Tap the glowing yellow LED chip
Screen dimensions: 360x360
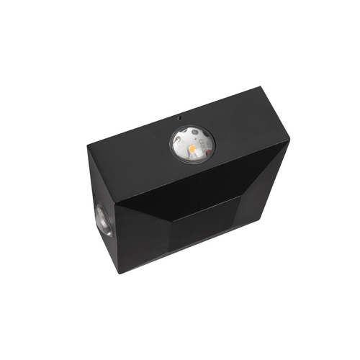pyautogui.click(x=192, y=148)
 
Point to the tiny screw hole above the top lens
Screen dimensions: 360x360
pyautogui.click(x=179, y=118)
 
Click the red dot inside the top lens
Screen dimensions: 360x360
pyautogui.click(x=208, y=152)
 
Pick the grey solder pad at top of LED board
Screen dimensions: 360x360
pyautogui.click(x=195, y=132)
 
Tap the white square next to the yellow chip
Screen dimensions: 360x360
pyautogui.click(x=199, y=153)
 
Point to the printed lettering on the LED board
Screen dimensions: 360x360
pyautogui.click(x=203, y=145)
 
